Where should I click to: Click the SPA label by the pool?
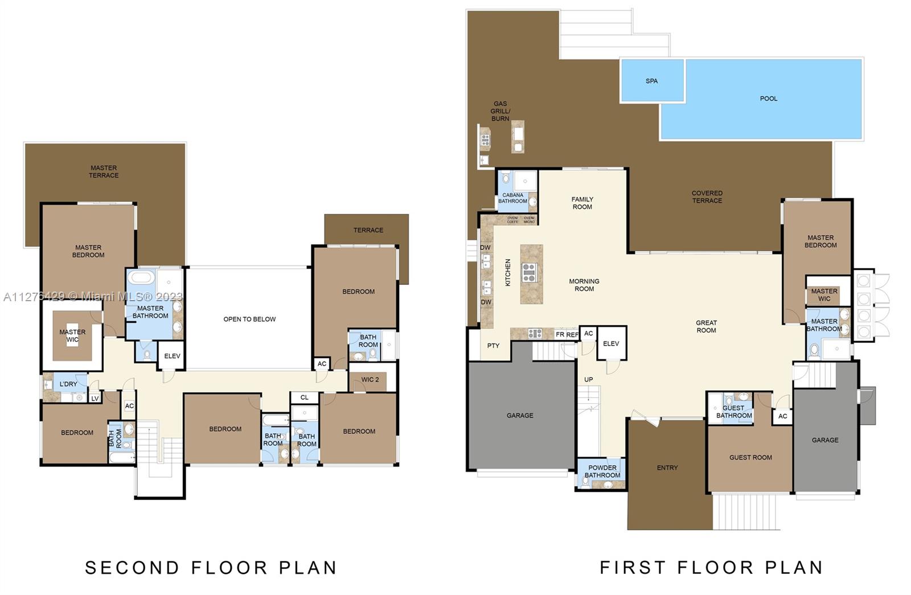(651, 81)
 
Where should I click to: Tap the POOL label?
(768, 99)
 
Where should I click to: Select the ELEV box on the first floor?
(611, 343)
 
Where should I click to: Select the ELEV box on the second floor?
(172, 356)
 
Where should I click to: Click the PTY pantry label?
(493, 346)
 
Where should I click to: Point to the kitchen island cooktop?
(529, 273)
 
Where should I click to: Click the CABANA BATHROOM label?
(512, 198)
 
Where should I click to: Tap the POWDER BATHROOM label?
(602, 471)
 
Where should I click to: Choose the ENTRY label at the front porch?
(667, 467)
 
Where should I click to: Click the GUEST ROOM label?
(750, 457)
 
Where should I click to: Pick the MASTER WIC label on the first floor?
(824, 294)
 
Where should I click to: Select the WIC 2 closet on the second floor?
(370, 380)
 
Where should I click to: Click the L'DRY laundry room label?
(68, 384)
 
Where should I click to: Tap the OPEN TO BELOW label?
(249, 319)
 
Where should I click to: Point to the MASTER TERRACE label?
(104, 171)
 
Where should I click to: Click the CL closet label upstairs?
(304, 397)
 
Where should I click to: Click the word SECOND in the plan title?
(132, 567)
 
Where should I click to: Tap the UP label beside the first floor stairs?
(588, 379)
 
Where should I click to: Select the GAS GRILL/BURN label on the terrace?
(500, 111)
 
